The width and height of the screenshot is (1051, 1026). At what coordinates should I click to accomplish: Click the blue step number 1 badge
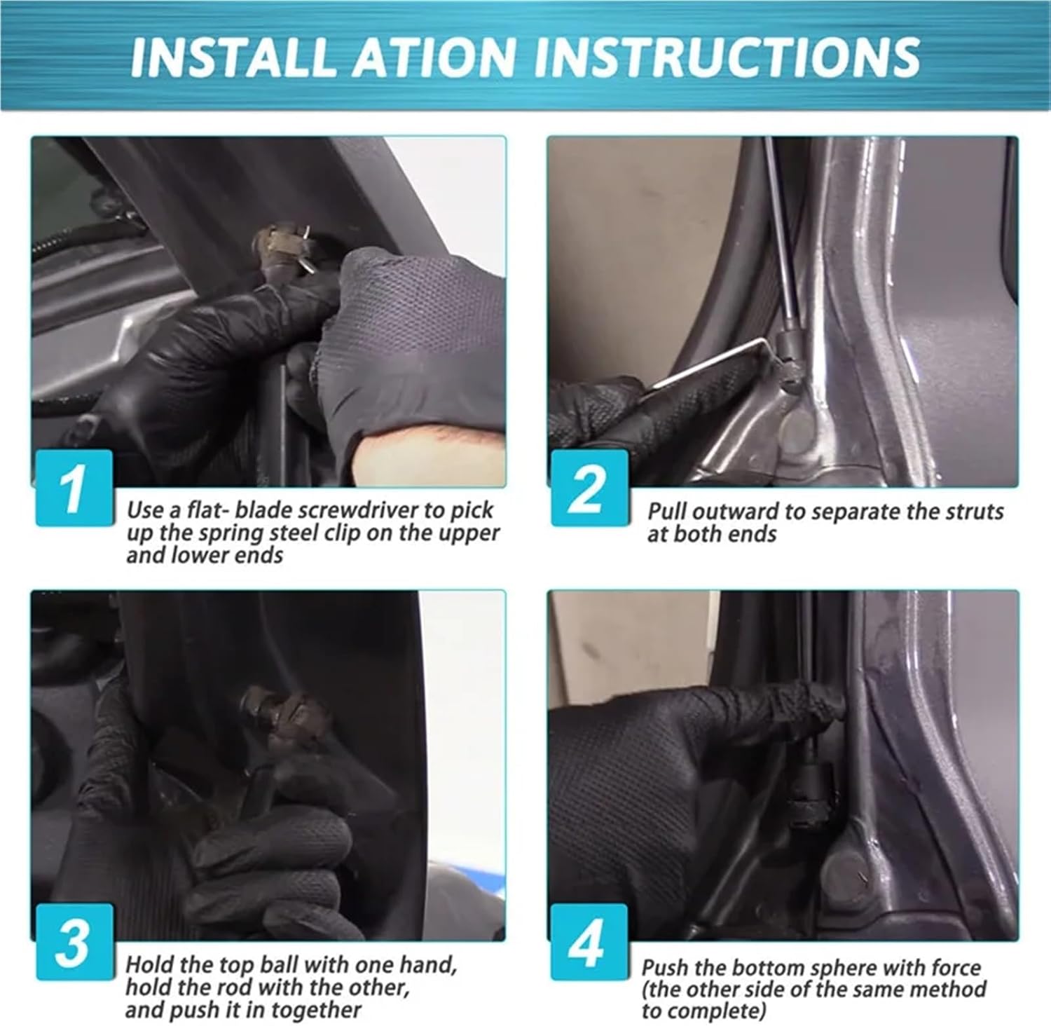click(74, 487)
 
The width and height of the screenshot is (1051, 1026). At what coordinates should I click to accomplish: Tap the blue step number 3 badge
click(74, 941)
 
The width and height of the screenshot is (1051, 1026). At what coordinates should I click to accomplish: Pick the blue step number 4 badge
click(589, 941)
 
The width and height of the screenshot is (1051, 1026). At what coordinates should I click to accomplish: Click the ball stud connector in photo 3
click(284, 715)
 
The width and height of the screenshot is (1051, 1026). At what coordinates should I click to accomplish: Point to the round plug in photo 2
click(799, 432)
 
